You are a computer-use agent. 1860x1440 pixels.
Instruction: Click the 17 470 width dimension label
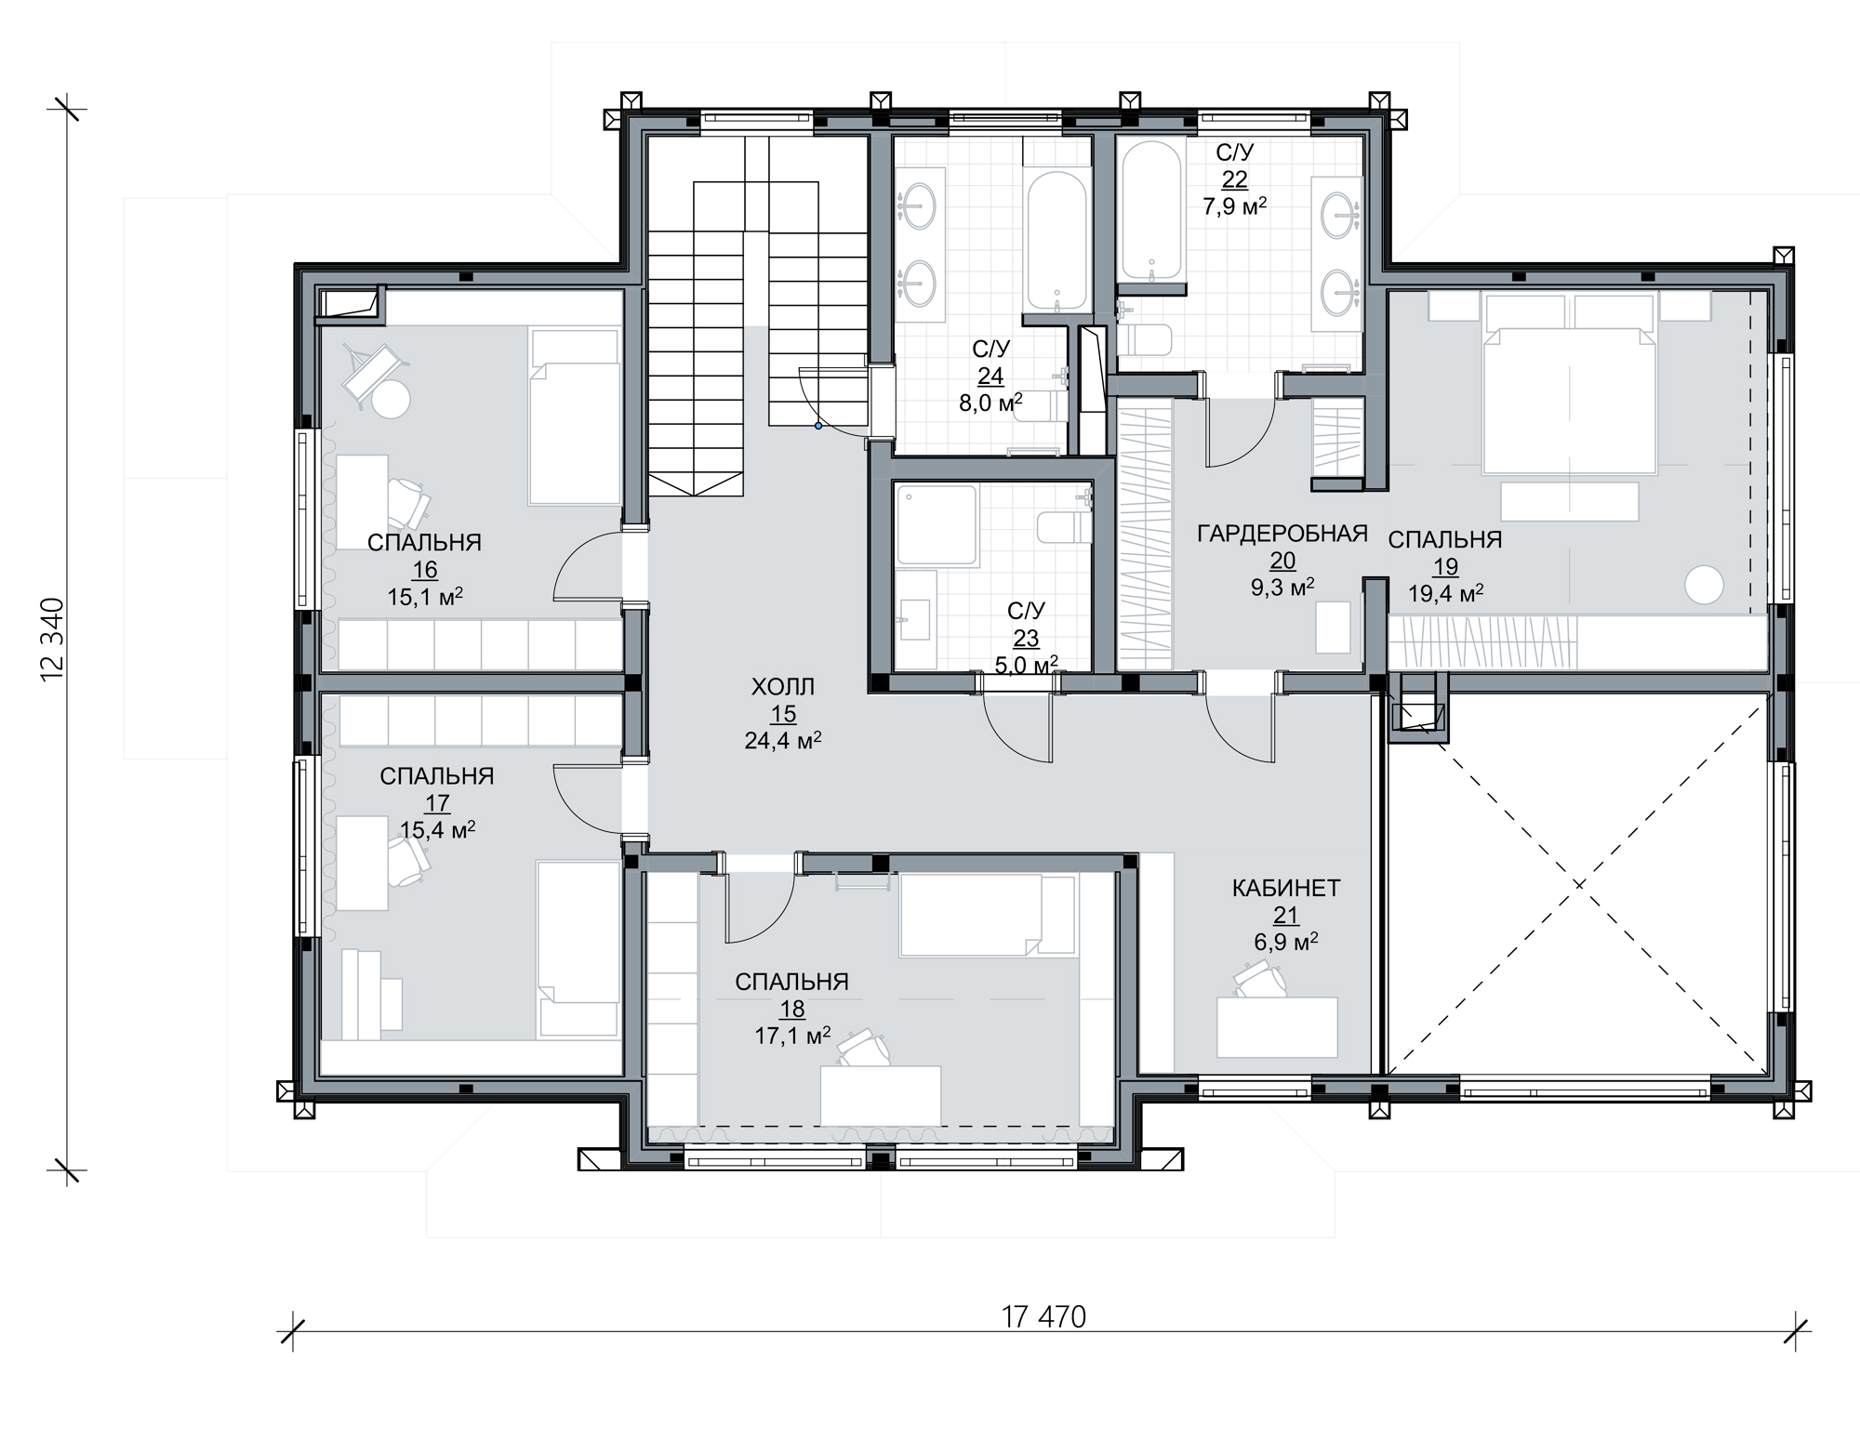click(x=1043, y=1317)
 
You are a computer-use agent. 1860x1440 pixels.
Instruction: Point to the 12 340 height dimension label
click(x=52, y=640)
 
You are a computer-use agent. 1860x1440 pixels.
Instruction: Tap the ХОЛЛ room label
click(x=783, y=687)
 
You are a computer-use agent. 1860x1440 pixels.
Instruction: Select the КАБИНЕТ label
click(x=1286, y=888)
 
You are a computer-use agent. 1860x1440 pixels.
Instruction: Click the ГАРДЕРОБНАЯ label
click(x=1282, y=533)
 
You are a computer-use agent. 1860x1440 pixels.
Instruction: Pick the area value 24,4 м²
click(x=782, y=740)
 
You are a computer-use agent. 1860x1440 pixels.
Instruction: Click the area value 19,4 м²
click(x=1445, y=592)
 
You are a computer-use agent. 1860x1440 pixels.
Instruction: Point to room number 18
click(x=792, y=1010)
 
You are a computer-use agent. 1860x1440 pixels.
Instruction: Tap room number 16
click(x=425, y=570)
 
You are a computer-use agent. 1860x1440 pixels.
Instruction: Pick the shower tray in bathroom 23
click(x=937, y=525)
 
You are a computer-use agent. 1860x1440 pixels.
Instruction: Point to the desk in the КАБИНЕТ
click(x=1277, y=1027)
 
